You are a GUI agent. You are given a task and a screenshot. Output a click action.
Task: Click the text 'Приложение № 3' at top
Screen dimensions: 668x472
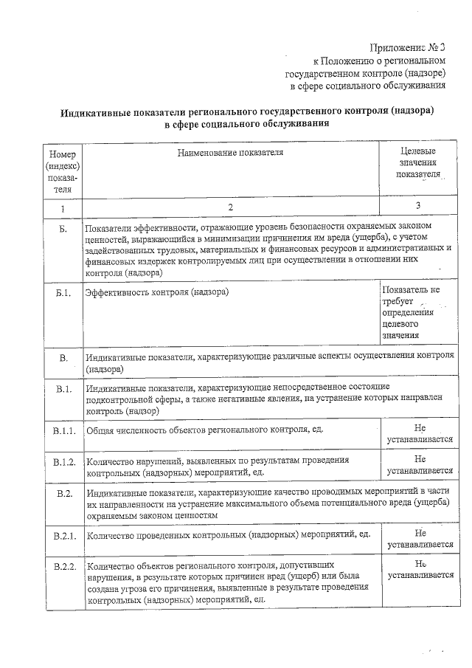[409, 47]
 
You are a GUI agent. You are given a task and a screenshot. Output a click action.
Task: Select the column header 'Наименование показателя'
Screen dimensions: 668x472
[230, 152]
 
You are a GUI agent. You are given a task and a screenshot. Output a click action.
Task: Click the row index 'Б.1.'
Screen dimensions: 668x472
[63, 293]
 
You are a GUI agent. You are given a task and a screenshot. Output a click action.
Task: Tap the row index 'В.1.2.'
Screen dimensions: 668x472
[64, 462]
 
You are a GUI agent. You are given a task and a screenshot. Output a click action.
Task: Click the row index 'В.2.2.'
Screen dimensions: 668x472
[64, 566]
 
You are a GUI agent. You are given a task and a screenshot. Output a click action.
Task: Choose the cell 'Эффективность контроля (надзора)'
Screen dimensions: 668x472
[157, 293]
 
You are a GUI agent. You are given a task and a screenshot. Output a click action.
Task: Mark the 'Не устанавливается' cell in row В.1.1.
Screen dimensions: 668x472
[420, 433]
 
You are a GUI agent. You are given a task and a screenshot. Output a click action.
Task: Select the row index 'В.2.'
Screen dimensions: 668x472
[64, 492]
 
